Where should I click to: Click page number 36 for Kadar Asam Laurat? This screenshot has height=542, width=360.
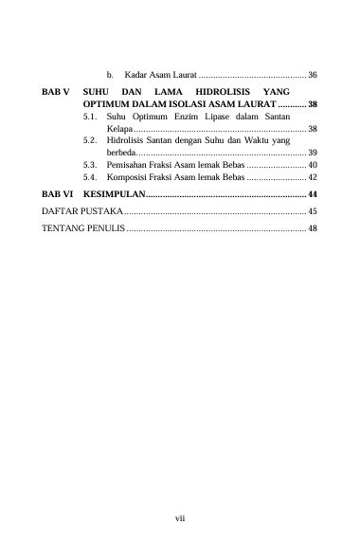coord(312,74)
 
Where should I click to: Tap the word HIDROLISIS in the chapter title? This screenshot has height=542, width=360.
coord(222,88)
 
